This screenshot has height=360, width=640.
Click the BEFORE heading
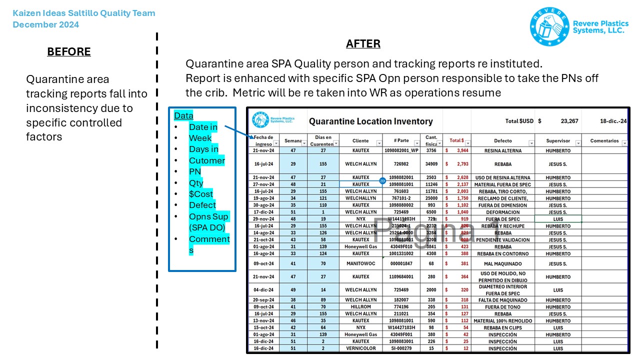69,52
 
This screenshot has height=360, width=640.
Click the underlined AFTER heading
363,44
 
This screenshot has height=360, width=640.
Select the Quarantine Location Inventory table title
370,121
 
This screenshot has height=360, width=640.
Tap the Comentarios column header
604,141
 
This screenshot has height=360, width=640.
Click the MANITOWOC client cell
360,263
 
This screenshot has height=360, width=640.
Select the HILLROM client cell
360,307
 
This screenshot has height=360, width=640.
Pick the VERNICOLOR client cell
360,348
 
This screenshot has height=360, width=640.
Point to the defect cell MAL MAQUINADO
502,263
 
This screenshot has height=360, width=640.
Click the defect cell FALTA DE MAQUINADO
502,300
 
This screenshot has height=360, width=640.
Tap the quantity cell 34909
431,164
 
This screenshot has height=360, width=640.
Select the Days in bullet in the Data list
203,149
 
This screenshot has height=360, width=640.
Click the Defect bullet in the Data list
202,205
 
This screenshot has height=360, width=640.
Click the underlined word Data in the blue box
183,116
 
